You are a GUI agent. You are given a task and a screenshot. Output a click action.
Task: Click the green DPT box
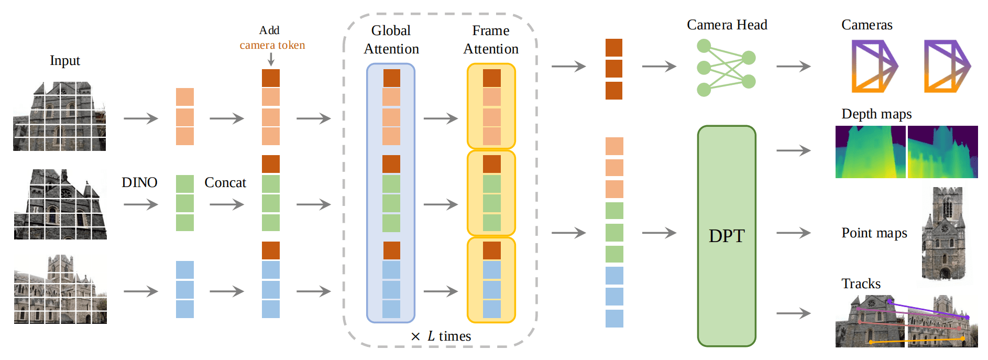click(x=726, y=236)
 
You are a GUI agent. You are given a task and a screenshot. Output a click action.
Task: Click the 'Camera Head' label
click(x=727, y=25)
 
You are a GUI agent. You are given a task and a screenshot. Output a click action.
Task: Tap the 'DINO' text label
click(x=139, y=182)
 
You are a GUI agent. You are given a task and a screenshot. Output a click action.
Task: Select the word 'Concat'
click(x=225, y=182)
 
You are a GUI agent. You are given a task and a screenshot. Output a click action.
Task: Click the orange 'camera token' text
click(x=272, y=45)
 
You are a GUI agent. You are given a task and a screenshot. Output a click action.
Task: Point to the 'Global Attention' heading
click(x=391, y=40)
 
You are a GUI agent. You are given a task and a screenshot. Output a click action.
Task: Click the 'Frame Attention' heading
click(x=491, y=40)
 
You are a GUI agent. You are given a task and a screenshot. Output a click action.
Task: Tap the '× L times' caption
click(x=441, y=336)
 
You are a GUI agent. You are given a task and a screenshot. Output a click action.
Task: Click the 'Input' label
click(x=65, y=61)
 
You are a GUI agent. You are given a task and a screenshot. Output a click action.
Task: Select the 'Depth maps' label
click(x=876, y=114)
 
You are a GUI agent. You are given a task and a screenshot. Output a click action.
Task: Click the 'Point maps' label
click(x=874, y=233)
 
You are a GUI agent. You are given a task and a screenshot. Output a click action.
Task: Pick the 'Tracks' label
click(x=861, y=283)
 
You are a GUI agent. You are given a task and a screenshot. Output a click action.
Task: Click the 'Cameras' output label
click(x=867, y=25)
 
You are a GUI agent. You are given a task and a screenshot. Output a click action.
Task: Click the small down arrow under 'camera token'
click(x=271, y=59)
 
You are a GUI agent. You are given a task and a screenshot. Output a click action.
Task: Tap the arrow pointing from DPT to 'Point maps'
click(x=794, y=233)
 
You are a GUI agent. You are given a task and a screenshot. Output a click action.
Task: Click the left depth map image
click(x=870, y=152)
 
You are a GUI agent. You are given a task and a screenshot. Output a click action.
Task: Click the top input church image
click(x=60, y=116)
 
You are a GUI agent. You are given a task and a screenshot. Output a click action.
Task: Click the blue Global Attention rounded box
click(x=391, y=193)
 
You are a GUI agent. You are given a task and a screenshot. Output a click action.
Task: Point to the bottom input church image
click(x=60, y=289)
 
